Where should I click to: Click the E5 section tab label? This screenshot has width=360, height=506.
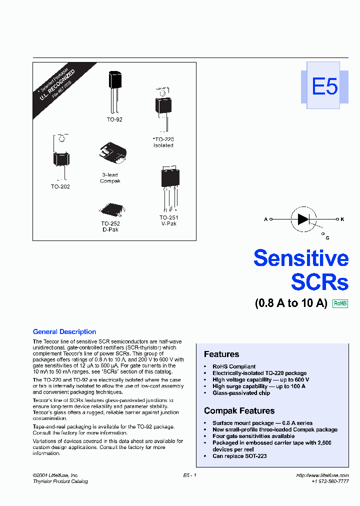325,86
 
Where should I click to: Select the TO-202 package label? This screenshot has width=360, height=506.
60,186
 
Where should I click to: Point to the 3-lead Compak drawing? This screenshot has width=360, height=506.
113,152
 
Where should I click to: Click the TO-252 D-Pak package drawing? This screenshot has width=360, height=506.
110,209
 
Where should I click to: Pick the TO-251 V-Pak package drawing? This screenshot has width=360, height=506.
169,187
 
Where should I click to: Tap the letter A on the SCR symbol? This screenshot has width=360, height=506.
265,219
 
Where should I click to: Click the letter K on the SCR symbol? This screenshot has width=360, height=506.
342,219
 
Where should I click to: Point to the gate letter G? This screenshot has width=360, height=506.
327,238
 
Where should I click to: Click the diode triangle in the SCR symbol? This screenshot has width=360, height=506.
303,219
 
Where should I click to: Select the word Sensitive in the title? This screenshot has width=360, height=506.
300,258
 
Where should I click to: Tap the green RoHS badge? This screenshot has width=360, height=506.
340,303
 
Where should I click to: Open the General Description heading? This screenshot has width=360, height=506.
64,331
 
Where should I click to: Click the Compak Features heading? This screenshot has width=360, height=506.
239,410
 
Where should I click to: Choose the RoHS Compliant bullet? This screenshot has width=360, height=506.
234,366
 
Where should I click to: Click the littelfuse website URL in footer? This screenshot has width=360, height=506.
322,475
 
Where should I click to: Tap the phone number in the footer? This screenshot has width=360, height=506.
330,481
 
